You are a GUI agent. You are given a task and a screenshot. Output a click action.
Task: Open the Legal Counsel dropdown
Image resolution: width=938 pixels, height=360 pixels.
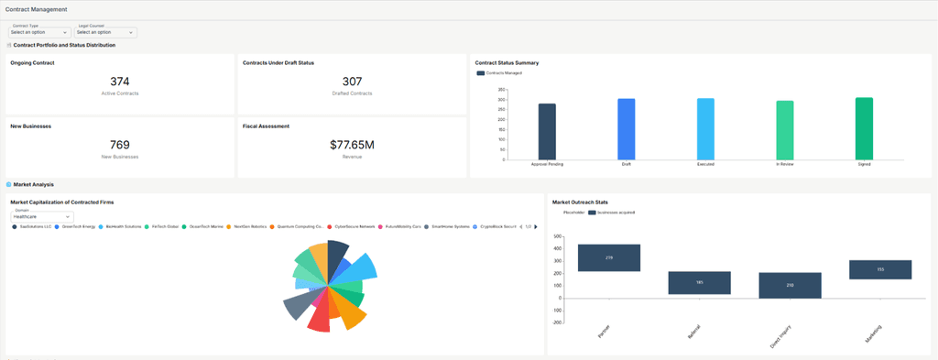coord(104,32)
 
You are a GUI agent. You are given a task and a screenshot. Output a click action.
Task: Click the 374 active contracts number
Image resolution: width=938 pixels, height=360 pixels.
coord(119,82)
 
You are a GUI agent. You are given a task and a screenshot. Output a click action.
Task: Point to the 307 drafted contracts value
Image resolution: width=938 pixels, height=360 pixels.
coord(352,82)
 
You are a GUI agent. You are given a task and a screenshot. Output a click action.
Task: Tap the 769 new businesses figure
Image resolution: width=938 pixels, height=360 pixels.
coord(119,145)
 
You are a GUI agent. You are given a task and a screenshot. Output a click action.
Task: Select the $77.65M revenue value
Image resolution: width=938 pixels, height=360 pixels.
coord(352,145)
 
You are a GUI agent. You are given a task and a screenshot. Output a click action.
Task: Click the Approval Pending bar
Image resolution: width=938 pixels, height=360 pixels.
coord(547,131)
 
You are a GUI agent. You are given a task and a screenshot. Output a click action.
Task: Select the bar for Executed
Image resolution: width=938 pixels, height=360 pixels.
coord(705,128)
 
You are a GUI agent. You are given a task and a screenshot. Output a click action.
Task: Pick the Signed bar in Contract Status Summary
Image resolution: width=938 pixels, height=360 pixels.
coord(864,128)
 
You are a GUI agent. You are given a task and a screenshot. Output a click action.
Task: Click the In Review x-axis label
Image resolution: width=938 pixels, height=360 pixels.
coord(784,165)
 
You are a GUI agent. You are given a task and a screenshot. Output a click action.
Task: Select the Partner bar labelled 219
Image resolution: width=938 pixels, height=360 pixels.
coord(608,258)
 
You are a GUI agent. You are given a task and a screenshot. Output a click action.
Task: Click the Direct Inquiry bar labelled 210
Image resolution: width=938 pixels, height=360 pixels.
coord(790,285)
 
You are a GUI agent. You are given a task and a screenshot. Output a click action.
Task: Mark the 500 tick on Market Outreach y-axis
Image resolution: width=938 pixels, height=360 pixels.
coord(556,235)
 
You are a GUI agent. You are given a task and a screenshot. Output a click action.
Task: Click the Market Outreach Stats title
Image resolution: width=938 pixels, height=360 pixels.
coord(581,202)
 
